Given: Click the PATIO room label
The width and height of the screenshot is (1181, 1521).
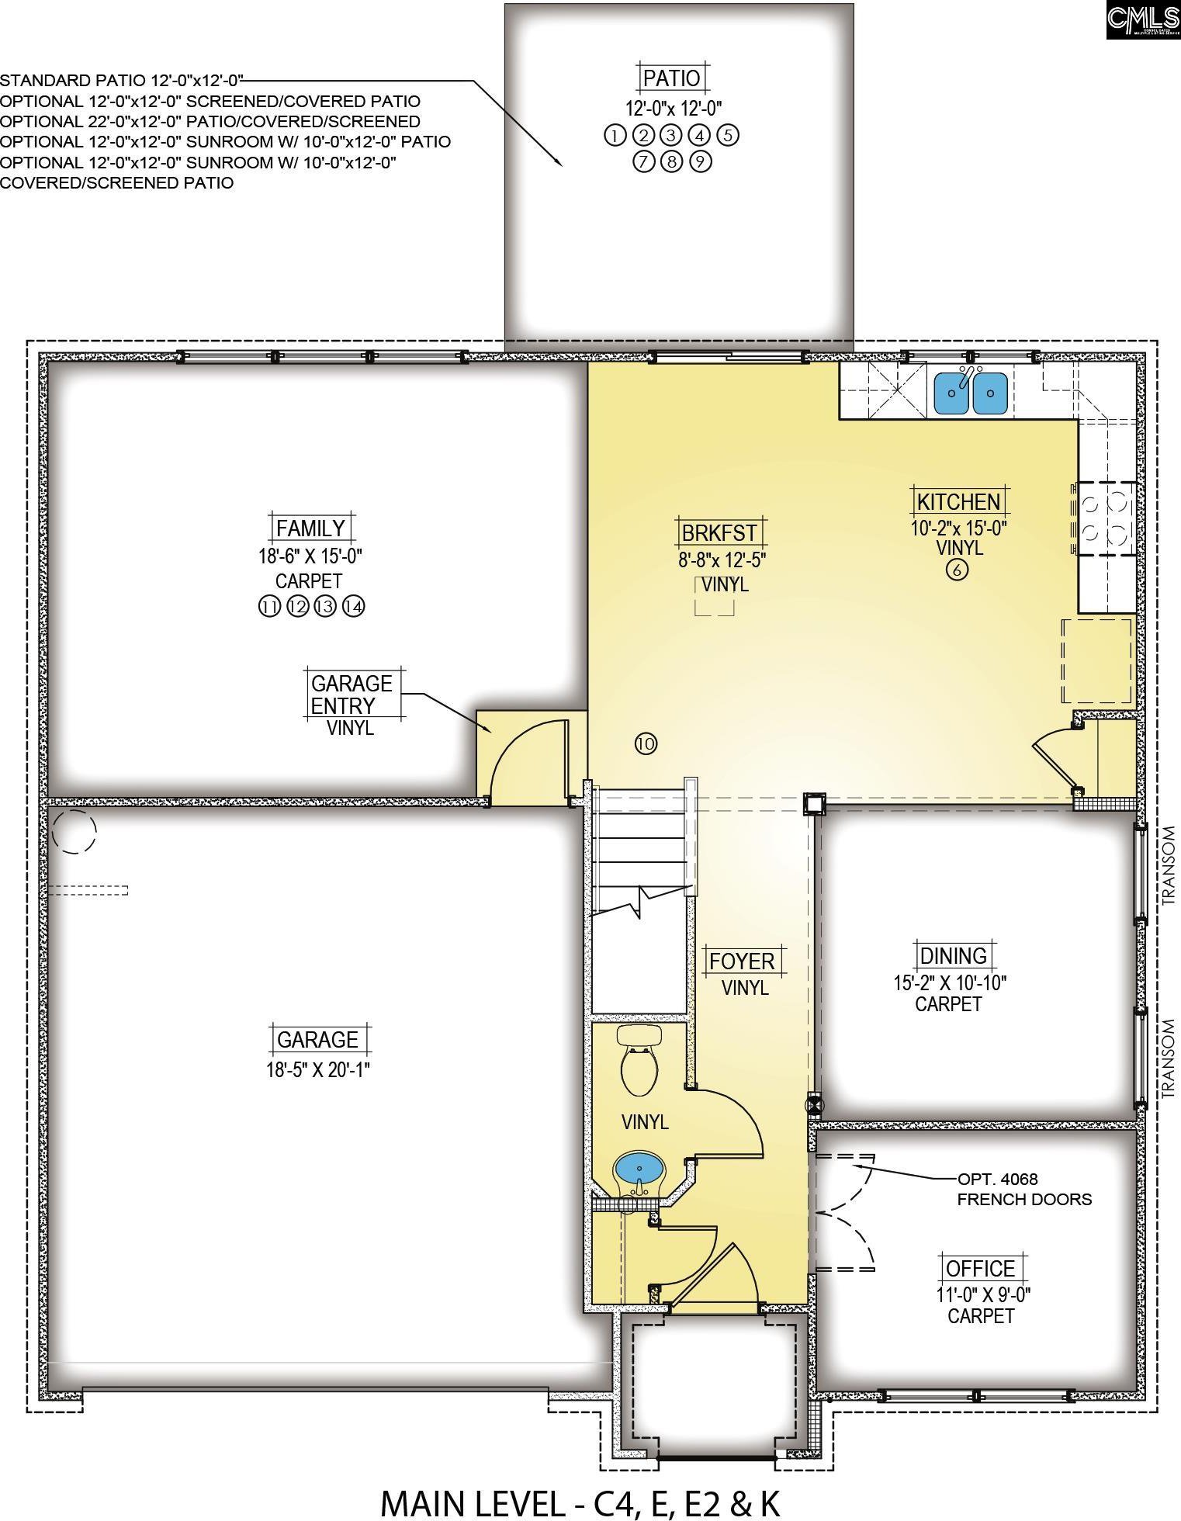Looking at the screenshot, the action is tap(672, 78).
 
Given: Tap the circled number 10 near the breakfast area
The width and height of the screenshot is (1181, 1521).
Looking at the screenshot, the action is tap(646, 743).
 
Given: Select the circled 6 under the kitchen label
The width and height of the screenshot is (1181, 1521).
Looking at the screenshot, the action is tap(957, 570).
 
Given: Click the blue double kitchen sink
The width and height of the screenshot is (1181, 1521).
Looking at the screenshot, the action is tap(970, 392).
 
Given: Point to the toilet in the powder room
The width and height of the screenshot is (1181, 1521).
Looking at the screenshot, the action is tap(640, 1058).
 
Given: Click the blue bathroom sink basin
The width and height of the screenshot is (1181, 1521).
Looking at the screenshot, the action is tap(639, 1167).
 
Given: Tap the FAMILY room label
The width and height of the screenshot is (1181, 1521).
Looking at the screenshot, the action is tap(310, 528).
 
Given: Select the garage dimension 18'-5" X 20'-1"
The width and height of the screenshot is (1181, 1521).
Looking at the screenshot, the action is tap(317, 1069).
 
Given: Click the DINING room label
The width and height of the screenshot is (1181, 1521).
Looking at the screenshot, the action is tap(953, 955).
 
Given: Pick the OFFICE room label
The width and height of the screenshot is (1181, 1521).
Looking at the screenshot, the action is tap(980, 1268).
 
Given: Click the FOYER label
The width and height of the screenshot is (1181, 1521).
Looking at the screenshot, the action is tap(743, 961).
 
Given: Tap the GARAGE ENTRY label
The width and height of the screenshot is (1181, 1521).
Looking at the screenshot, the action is tap(352, 695).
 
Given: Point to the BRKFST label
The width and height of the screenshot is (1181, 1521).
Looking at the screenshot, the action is tap(719, 532).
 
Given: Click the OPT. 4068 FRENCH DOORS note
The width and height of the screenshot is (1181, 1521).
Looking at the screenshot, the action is tap(1023, 1189).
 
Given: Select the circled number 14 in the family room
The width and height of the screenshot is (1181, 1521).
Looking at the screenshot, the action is tap(353, 607).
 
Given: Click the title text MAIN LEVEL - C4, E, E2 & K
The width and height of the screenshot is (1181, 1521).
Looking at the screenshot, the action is tap(580, 1502).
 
